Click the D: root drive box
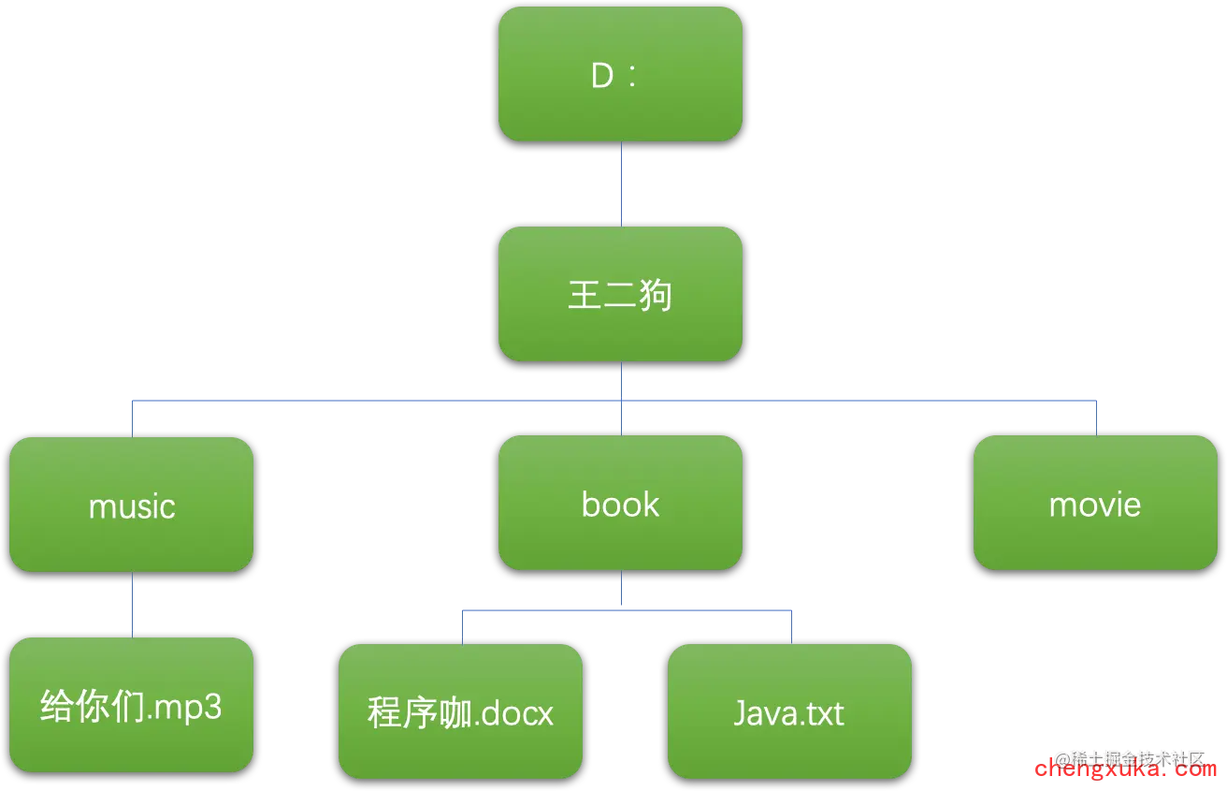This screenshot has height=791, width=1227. click(x=620, y=74)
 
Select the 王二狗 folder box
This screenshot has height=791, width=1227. click(x=620, y=294)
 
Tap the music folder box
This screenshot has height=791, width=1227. click(x=132, y=505)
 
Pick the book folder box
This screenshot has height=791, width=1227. click(x=620, y=503)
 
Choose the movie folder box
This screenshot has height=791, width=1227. click(x=1095, y=503)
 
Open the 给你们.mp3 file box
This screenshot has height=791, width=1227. click(x=132, y=705)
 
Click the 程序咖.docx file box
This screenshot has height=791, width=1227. click(x=460, y=711)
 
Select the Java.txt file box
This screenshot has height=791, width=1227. click(x=789, y=711)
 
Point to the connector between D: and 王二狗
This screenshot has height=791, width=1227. click(x=622, y=183)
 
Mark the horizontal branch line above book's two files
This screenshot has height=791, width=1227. click(x=625, y=610)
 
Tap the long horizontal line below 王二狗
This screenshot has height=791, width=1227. click(x=374, y=401)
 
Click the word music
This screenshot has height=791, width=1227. click(x=132, y=506)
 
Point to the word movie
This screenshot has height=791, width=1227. click(x=1095, y=505)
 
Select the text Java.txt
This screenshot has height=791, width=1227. click(x=789, y=713)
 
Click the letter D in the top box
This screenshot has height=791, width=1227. click(x=602, y=76)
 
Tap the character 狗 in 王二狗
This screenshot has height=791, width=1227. click(x=655, y=295)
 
